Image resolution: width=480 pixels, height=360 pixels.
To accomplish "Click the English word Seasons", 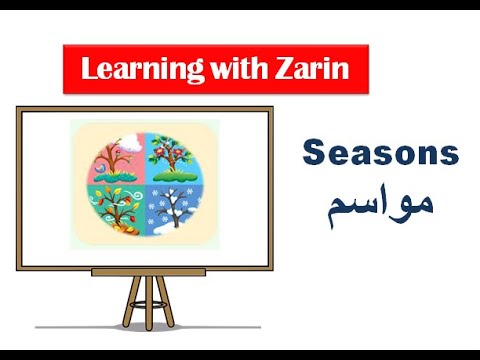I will pos(380,154).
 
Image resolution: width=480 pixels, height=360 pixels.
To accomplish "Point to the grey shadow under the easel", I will pos(150,326).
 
